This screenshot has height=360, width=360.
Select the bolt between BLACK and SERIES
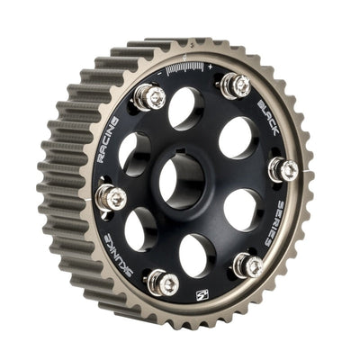(x=283, y=168)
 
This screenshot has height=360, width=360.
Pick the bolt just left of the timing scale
(x=149, y=97)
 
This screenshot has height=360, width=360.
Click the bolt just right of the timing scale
(x=237, y=85)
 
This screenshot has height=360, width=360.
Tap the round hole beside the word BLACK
(x=236, y=138)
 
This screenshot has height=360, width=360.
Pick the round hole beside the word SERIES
(x=241, y=209)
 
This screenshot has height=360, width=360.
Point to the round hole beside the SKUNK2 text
(x=141, y=229)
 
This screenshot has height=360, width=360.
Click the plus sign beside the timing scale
(x=210, y=67)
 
